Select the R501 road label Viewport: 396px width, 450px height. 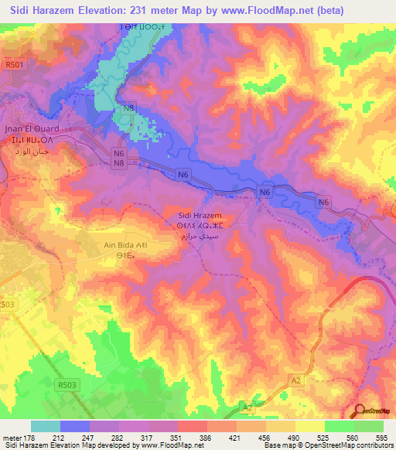[x=15, y=66]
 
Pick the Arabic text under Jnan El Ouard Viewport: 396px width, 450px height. [x=31, y=152]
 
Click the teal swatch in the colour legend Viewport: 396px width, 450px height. [x=45, y=426]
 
